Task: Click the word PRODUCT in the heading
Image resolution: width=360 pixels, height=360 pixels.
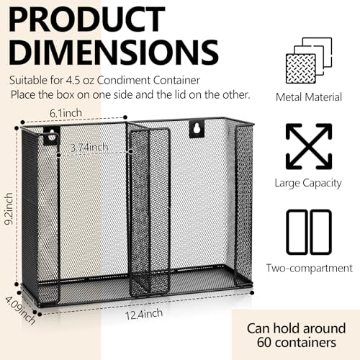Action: pos(87,19)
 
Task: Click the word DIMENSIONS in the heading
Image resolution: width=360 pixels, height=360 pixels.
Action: pos(114,53)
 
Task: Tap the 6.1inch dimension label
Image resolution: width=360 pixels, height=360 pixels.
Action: pos(66,113)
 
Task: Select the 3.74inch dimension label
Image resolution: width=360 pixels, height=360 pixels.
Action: pos(89,147)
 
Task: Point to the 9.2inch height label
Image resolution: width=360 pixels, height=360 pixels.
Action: pos(9,209)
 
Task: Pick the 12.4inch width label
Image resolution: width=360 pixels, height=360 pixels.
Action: pos(144,314)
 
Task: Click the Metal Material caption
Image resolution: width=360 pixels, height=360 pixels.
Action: pos(309,97)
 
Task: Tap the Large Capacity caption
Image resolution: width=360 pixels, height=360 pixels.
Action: pos(308,184)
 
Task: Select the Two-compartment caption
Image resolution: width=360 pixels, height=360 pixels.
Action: pos(310,268)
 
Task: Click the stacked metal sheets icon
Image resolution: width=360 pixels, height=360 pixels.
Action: pos(309,60)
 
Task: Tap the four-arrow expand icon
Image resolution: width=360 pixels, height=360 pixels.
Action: pos(309,146)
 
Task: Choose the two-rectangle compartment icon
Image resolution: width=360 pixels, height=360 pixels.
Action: pos(309,232)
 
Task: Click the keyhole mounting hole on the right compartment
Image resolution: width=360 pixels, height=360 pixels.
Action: pos(197,130)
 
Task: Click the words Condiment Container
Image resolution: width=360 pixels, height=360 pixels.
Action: pos(148,81)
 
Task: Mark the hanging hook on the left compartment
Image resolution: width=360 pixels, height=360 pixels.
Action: pos(51,137)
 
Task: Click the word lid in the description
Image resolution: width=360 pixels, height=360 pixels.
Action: pos(181,94)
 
